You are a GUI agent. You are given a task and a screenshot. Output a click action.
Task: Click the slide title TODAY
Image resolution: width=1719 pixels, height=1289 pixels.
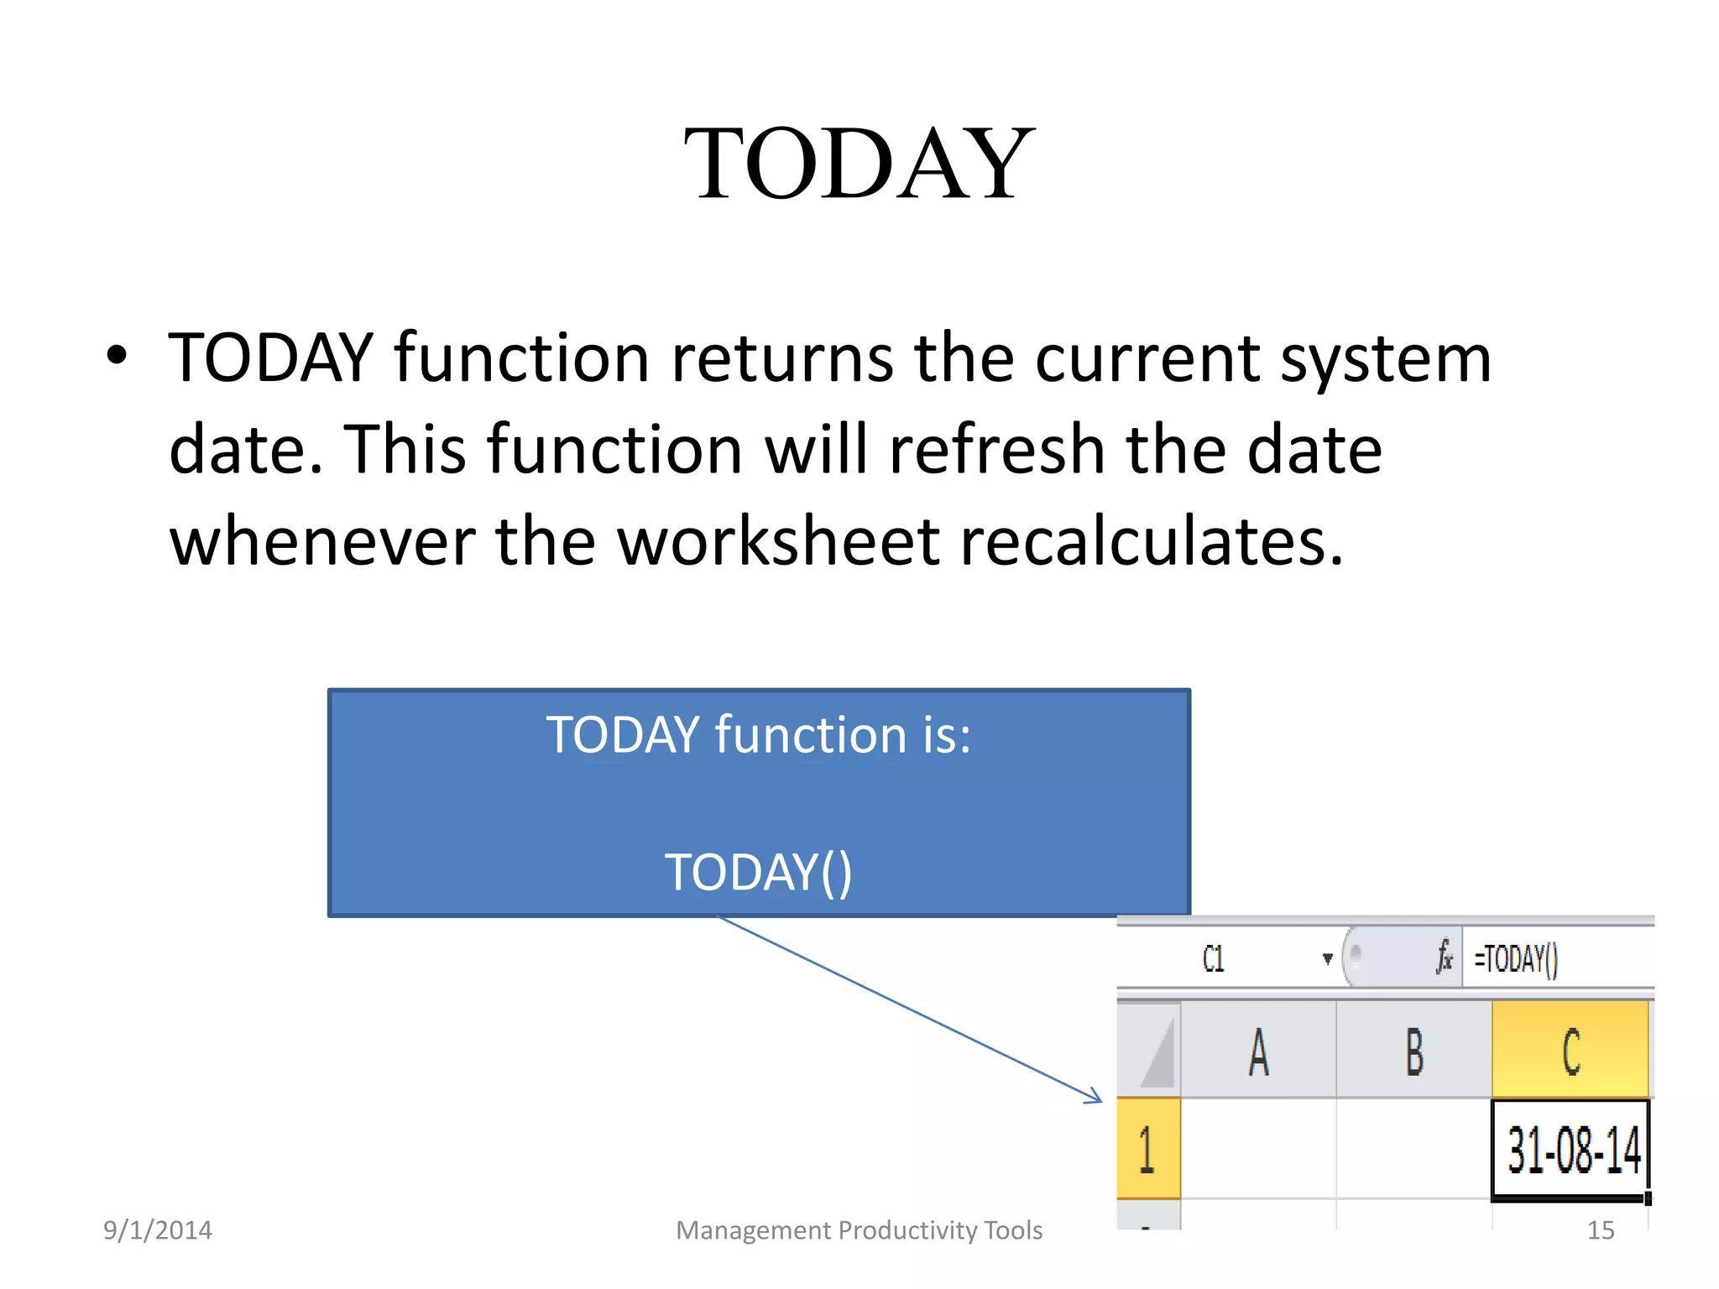click(x=859, y=163)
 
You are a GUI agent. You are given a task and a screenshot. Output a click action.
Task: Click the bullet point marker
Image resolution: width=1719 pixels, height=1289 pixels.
click(x=118, y=356)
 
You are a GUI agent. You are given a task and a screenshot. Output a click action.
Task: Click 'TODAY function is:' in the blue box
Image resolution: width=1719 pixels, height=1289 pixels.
click(x=758, y=735)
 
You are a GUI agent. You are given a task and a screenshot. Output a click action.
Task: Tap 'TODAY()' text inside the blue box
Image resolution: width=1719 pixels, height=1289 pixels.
click(x=758, y=872)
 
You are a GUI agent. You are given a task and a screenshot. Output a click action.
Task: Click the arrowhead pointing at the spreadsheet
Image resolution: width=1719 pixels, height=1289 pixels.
click(x=1095, y=1096)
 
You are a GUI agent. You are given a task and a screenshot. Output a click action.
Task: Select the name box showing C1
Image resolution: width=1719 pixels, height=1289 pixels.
click(x=1214, y=958)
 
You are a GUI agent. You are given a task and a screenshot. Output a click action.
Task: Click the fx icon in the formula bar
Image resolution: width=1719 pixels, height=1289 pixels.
click(x=1444, y=958)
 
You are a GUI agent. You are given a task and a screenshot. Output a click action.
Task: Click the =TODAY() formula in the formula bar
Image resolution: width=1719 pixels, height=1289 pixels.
click(x=1516, y=958)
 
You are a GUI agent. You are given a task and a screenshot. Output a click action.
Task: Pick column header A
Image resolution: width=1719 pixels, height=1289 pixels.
click(x=1257, y=1052)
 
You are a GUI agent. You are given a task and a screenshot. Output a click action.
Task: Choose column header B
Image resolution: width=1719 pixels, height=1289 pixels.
click(x=1414, y=1052)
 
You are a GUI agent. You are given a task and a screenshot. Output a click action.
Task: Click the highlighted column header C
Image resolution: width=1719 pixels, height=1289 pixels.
click(x=1570, y=1051)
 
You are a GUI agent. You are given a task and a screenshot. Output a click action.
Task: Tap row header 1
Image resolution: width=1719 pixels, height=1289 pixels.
click(x=1147, y=1149)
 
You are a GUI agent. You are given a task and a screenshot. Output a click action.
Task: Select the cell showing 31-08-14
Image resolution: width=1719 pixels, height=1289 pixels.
click(x=1570, y=1150)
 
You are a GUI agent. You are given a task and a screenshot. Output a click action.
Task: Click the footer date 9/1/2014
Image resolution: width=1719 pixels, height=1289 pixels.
click(x=157, y=1230)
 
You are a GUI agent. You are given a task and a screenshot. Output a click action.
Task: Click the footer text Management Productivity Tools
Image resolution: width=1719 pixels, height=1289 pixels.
click(x=859, y=1230)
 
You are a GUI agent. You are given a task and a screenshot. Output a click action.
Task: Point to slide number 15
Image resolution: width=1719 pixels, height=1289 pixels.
click(x=1600, y=1230)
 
